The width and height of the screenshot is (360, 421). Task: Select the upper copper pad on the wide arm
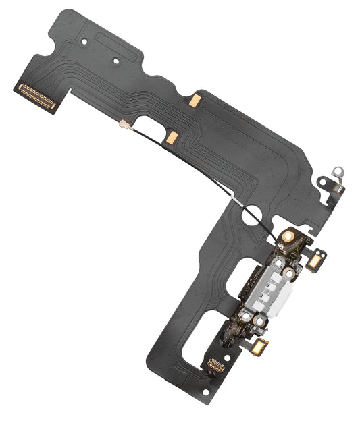[x=195, y=100]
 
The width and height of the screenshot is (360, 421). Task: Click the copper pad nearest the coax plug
[x=172, y=138]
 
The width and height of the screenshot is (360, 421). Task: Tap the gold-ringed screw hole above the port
[x=288, y=237]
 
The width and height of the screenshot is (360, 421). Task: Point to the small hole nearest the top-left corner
[x=84, y=43]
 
